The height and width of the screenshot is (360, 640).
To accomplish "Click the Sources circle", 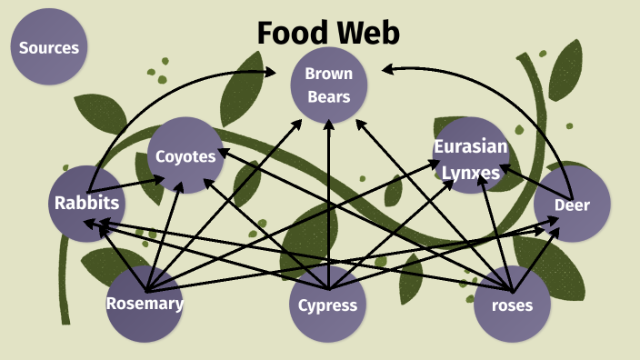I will click(x=49, y=47).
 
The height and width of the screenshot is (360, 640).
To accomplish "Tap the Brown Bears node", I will click(x=328, y=85).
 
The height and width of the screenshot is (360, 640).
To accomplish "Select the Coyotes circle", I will click(x=185, y=155).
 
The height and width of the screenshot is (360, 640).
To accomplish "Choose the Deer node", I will click(x=572, y=205).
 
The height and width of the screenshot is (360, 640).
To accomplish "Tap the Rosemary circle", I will click(x=145, y=304).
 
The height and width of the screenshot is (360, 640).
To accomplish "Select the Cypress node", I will click(x=327, y=305).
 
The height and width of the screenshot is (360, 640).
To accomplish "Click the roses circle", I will click(x=513, y=305).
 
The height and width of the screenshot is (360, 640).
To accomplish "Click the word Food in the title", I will click(x=289, y=33).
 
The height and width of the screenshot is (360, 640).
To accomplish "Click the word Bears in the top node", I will click(x=328, y=95).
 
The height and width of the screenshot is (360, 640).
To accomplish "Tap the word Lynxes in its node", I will click(x=470, y=171).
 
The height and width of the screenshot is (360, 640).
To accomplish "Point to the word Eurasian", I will click(x=470, y=147).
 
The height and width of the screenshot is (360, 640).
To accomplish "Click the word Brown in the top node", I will click(x=328, y=74).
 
